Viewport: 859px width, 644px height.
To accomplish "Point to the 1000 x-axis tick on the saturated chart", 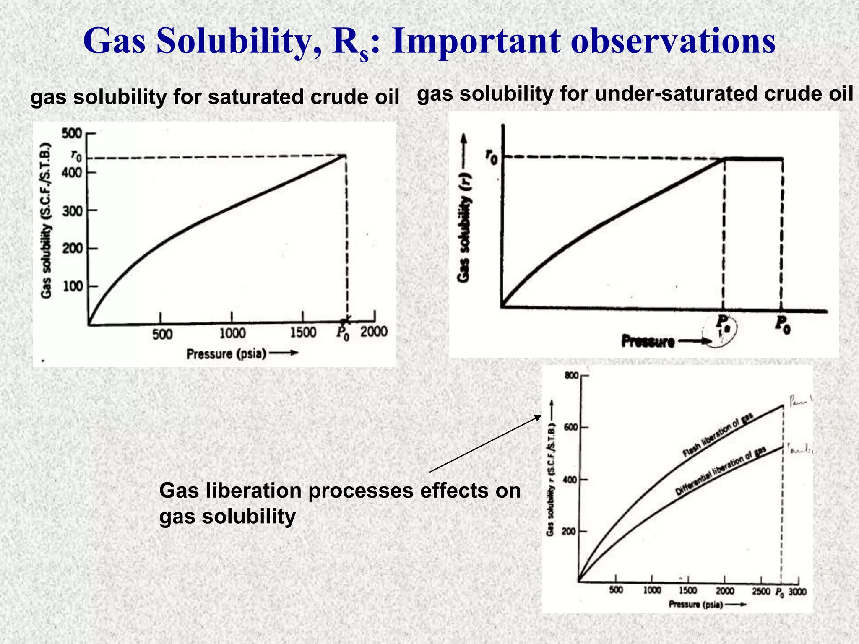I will (x=232, y=333).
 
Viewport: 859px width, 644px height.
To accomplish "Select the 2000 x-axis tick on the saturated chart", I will (x=374, y=332).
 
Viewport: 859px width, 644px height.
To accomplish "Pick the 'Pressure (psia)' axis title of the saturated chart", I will (x=226, y=354).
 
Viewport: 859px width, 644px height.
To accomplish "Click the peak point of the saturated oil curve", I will (x=345, y=156).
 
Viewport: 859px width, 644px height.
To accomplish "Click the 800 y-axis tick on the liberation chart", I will (x=571, y=376).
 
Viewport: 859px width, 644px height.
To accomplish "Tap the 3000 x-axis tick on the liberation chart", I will (x=797, y=592).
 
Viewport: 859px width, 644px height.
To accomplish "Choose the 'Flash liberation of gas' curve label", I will (x=718, y=435).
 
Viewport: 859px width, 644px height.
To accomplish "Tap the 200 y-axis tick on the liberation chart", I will (x=569, y=532).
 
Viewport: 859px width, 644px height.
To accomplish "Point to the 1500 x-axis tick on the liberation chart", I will (x=688, y=591).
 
